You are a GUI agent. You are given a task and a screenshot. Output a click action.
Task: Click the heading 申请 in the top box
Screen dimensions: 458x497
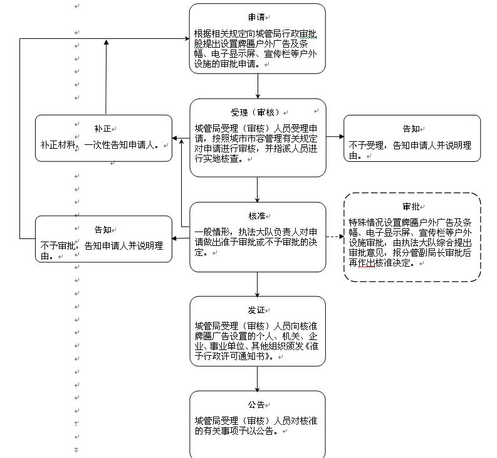tap(255, 18)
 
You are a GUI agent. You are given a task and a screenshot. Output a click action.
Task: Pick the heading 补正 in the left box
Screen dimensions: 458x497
tap(102, 129)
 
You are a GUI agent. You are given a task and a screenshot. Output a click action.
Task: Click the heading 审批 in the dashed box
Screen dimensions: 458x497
tap(411, 206)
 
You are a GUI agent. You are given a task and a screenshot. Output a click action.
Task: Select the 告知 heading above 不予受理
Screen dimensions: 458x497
tap(411, 129)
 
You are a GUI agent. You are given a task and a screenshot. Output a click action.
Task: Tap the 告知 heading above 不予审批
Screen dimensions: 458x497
tap(102, 230)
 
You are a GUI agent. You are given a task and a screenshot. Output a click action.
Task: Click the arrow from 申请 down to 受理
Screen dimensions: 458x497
tap(258, 86)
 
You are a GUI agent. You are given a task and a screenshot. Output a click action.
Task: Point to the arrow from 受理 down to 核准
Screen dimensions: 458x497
tap(258, 189)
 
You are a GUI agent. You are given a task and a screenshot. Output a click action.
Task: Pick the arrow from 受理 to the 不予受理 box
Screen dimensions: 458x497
tap(335, 137)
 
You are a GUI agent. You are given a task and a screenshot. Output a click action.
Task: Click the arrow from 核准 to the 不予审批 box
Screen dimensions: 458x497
tap(181, 238)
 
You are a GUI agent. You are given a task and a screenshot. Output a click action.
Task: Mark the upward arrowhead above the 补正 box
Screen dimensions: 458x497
tap(107, 43)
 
